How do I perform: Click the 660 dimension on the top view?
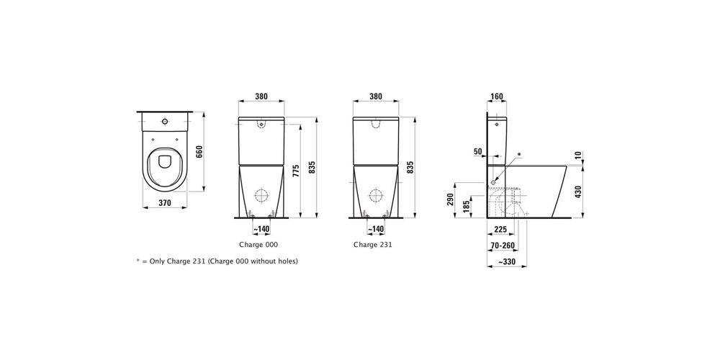(199, 151)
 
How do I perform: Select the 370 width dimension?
(165, 202)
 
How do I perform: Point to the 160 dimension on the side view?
(497, 96)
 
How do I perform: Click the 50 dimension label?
(478, 151)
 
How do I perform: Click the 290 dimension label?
(451, 199)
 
